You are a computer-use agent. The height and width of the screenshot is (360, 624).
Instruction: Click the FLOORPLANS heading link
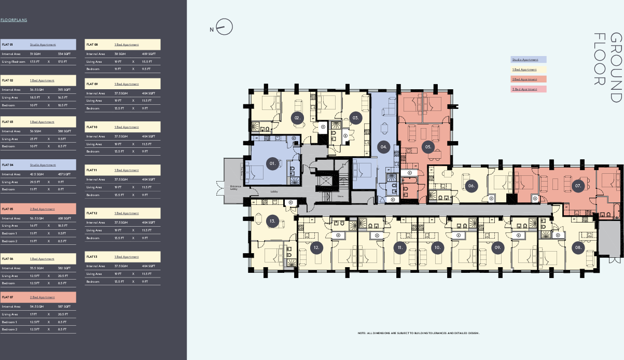click(x=14, y=20)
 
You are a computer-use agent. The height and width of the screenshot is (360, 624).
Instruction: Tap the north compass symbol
click(x=225, y=27)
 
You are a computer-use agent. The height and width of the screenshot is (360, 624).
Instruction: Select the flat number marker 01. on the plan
click(x=272, y=163)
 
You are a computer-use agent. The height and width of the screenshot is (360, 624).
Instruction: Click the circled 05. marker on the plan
click(x=428, y=147)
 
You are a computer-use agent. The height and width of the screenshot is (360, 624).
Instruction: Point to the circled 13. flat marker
click(x=273, y=221)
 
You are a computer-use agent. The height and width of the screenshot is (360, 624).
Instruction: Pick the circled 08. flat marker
click(x=578, y=247)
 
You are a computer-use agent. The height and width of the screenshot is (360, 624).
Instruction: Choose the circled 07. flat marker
click(x=578, y=185)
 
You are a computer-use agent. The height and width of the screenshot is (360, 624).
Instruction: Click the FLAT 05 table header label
click(x=8, y=209)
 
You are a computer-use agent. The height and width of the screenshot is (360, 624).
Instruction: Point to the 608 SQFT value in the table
click(x=64, y=218)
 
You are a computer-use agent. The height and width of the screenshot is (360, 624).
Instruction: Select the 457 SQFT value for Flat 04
click(x=64, y=174)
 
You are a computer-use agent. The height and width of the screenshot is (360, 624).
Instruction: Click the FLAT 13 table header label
click(x=92, y=257)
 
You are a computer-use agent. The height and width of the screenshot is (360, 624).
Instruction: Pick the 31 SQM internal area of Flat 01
click(x=35, y=54)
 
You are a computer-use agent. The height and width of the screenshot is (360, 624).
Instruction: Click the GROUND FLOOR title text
click(x=607, y=67)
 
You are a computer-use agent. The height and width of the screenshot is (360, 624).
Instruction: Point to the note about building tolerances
click(x=419, y=333)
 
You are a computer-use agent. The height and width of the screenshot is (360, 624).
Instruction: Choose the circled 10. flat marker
click(x=437, y=247)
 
